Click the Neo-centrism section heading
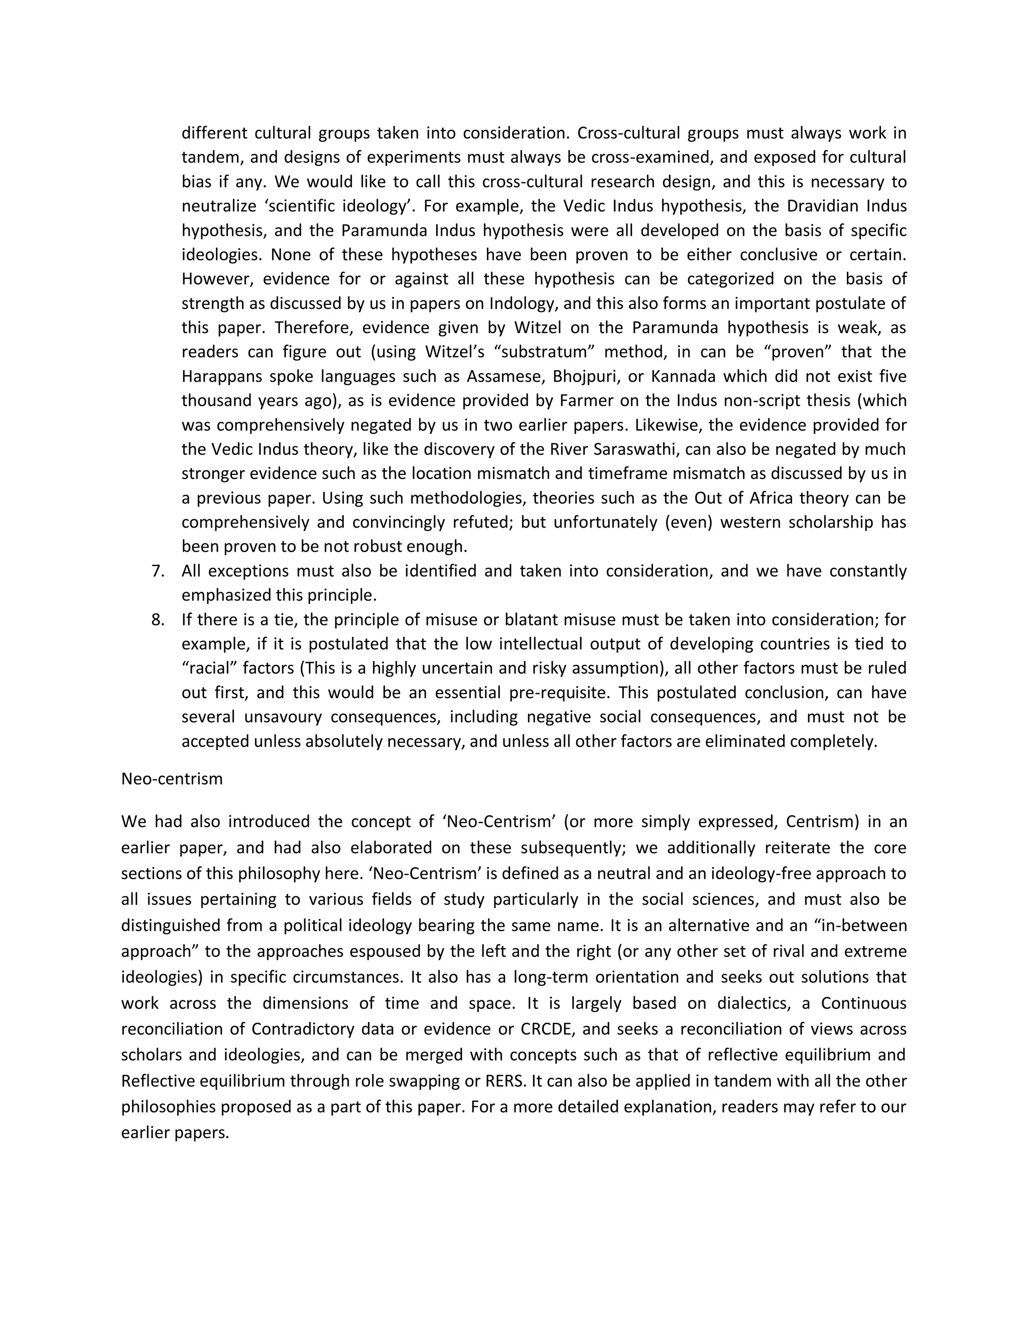click(172, 779)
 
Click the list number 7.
click(158, 571)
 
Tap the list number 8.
click(158, 620)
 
